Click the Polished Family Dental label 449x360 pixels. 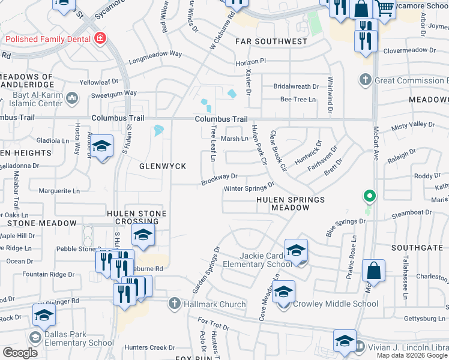click(49, 39)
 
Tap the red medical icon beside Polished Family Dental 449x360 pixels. click(100, 39)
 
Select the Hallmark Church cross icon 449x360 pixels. click(175, 304)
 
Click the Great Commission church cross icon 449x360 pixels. click(365, 80)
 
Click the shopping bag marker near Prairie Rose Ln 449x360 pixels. click(374, 271)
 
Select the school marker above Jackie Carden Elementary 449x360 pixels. click(296, 250)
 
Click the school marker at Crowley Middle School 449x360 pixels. click(285, 292)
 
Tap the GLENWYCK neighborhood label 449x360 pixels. click(162, 166)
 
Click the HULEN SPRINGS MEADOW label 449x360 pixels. click(291, 203)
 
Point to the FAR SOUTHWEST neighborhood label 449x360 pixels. click(271, 41)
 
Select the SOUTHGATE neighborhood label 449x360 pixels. click(420, 247)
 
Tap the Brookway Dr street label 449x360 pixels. click(220, 178)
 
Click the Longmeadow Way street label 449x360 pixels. click(155, 53)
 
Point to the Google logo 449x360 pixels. click(20, 353)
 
